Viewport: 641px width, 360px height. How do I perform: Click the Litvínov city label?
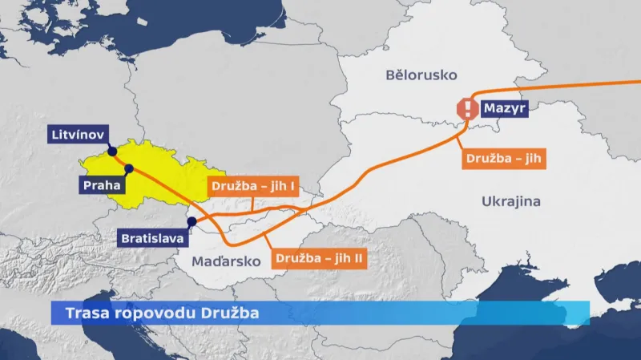tap(76, 133)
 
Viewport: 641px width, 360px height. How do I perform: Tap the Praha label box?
tap(102, 185)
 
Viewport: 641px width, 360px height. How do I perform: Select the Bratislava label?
tap(151, 238)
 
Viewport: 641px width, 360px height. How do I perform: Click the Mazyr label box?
tap(503, 107)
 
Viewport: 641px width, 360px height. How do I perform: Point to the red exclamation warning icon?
tap(466, 108)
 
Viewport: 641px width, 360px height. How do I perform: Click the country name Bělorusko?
tap(421, 75)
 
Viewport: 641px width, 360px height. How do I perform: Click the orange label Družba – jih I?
tap(254, 186)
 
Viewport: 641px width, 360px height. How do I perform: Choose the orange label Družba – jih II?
tap(320, 259)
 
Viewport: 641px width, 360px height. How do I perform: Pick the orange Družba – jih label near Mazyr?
tap(504, 158)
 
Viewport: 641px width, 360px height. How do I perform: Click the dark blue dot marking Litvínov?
tap(112, 152)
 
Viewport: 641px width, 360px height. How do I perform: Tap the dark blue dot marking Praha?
tap(128, 168)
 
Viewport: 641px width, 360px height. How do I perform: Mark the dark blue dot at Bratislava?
tap(191, 221)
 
